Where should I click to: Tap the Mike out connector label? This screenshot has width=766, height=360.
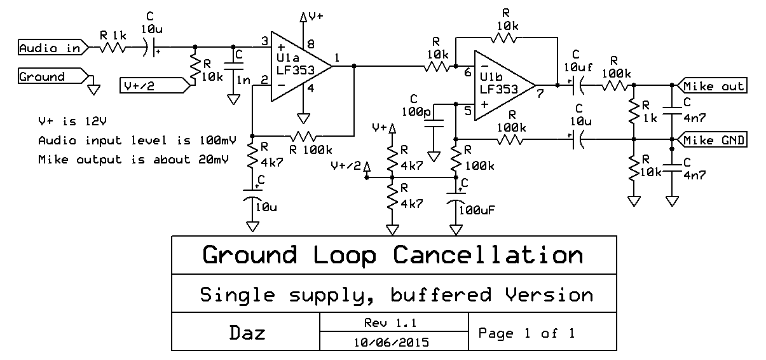711,86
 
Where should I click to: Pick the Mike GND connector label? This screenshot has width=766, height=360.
711,139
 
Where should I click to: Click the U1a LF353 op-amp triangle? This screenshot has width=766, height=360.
299,65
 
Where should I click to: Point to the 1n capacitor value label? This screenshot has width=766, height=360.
242,80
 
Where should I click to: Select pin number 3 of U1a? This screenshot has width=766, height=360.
264,42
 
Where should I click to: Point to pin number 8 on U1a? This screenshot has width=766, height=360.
311,44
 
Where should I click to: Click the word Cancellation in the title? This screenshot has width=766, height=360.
488,255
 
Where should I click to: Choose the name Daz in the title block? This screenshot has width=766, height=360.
247,333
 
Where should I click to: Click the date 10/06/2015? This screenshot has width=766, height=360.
392,342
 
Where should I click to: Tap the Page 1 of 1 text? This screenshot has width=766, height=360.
526,333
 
